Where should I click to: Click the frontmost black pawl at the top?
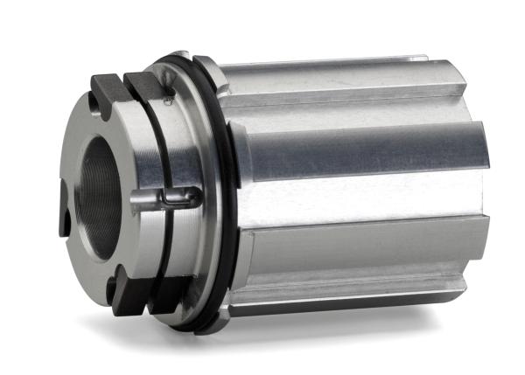(108, 87)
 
